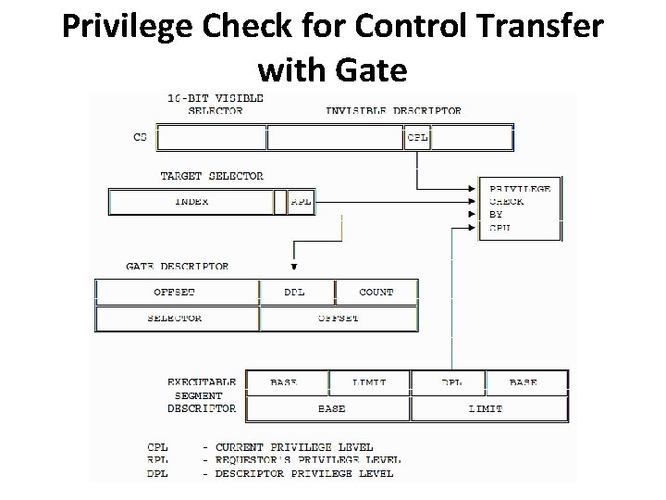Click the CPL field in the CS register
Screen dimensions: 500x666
click(x=417, y=138)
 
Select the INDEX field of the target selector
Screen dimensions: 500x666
click(x=191, y=202)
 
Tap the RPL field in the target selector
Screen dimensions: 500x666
click(x=301, y=202)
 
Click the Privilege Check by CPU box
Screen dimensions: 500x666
click(x=519, y=207)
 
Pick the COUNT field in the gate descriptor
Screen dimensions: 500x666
click(x=376, y=292)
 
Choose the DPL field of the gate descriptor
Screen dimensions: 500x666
click(x=295, y=292)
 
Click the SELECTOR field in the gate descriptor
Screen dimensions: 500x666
click(x=176, y=319)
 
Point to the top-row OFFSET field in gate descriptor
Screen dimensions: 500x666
click(x=176, y=292)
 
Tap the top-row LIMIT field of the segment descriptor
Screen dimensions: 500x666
click(x=369, y=381)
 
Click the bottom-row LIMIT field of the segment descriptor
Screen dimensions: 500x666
click(x=486, y=408)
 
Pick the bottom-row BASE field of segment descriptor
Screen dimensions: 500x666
click(x=331, y=408)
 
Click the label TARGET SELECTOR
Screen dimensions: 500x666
click(x=212, y=176)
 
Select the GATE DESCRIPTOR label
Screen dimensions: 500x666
click(x=178, y=267)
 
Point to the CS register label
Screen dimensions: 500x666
click(x=140, y=137)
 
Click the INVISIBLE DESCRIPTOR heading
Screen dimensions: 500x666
click(x=393, y=111)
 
